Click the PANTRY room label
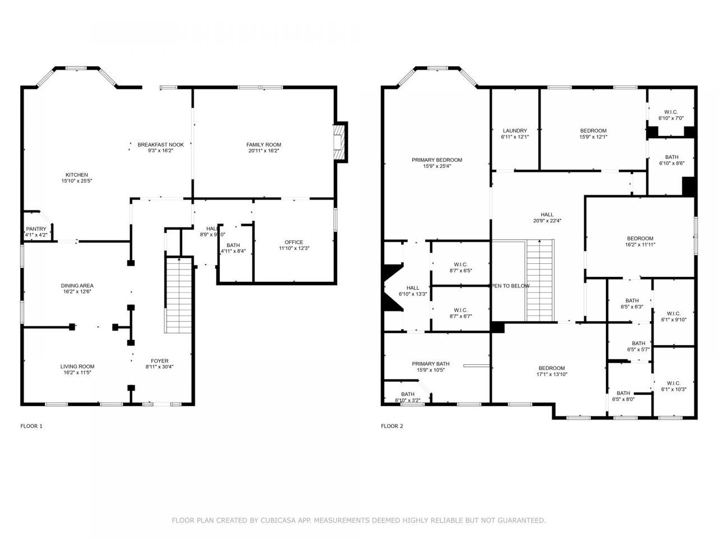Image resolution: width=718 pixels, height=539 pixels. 36,229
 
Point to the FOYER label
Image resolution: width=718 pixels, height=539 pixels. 159,361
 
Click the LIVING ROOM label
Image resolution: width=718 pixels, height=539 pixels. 77,367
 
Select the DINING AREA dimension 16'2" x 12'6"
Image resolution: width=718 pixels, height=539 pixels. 77,291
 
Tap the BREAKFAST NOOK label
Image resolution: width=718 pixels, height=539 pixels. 160,145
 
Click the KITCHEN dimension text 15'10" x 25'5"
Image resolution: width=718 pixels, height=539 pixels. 77,181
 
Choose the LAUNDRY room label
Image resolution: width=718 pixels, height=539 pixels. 514,131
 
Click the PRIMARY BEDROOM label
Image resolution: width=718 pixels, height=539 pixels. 436,160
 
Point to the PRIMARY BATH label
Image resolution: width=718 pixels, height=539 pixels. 430,364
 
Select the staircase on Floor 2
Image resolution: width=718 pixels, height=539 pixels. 540,279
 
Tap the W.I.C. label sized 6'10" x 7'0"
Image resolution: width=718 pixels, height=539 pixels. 670,111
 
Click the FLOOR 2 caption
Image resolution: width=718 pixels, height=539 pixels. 392,426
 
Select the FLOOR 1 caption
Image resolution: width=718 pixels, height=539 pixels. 31,426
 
